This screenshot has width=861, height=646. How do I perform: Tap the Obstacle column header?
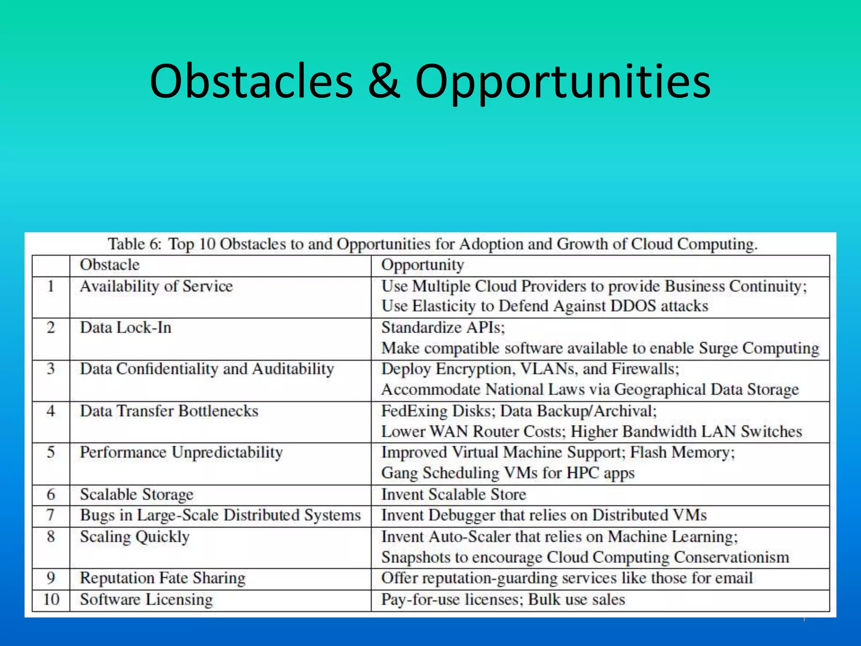point(110,265)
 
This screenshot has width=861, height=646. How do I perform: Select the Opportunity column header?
point(423,265)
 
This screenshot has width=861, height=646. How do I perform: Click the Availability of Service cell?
point(156,286)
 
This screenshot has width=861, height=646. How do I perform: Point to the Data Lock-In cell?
point(126,328)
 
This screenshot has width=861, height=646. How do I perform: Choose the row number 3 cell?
point(51,369)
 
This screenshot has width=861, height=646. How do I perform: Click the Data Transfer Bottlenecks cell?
point(169,411)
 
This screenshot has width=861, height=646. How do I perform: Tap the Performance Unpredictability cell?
point(181,453)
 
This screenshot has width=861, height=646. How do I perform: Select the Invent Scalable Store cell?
point(454,495)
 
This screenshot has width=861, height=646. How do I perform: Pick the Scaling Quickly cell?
point(135,537)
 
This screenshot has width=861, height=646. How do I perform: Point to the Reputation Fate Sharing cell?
point(163,578)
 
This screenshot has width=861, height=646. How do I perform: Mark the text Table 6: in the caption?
point(135,244)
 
